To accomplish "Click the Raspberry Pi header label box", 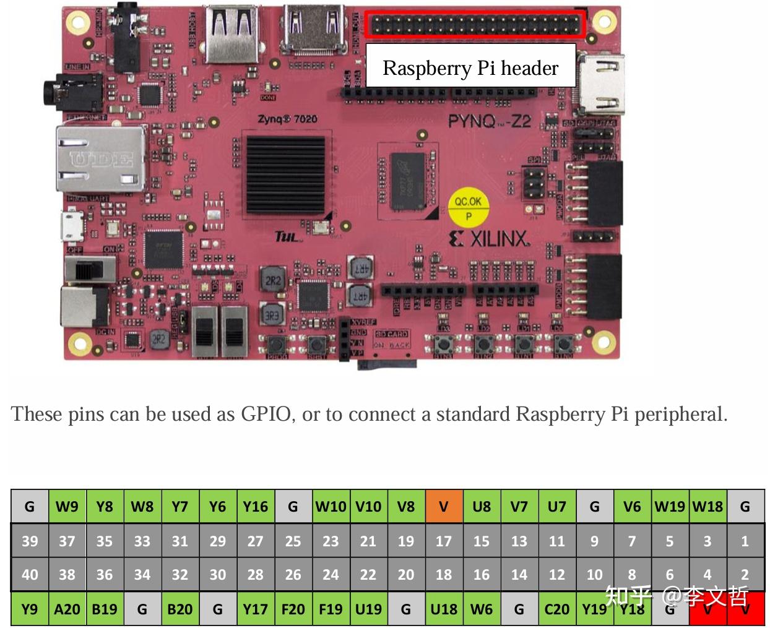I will (x=470, y=67).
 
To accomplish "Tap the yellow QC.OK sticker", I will (x=468, y=207).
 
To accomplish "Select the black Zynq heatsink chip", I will (x=285, y=175).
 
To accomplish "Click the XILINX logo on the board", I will (x=489, y=239).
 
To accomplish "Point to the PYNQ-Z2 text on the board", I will (x=489, y=121).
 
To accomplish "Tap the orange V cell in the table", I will (x=444, y=507).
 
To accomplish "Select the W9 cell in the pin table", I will (x=67, y=507).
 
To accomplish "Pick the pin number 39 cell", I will (x=30, y=541).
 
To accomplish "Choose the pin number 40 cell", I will (x=30, y=575).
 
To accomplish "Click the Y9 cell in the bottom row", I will (x=30, y=609).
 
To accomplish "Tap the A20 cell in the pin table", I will (x=67, y=609).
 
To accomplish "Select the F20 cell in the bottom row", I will (x=293, y=609).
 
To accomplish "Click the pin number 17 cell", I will (x=444, y=541).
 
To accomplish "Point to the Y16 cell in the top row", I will (x=255, y=507).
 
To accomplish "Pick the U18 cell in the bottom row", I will (x=444, y=609).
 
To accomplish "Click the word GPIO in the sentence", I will (x=266, y=414).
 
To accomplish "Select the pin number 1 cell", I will (x=745, y=541).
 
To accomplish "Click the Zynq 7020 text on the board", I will (x=287, y=119).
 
